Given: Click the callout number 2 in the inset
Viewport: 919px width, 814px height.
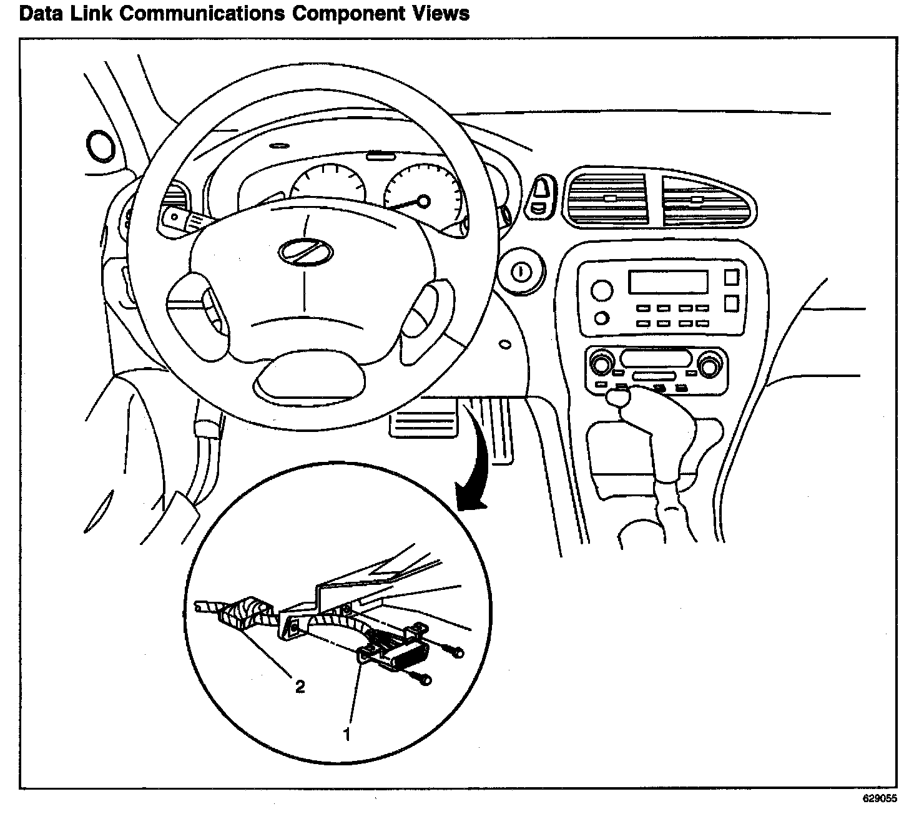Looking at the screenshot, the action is point(300,687).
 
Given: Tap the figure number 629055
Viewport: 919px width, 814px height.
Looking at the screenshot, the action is point(880,798).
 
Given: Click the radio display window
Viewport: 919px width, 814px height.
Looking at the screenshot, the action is point(668,282).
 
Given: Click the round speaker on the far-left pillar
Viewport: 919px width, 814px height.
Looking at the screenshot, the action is point(99,145).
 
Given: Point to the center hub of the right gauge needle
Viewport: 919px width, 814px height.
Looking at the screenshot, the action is point(423,200).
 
